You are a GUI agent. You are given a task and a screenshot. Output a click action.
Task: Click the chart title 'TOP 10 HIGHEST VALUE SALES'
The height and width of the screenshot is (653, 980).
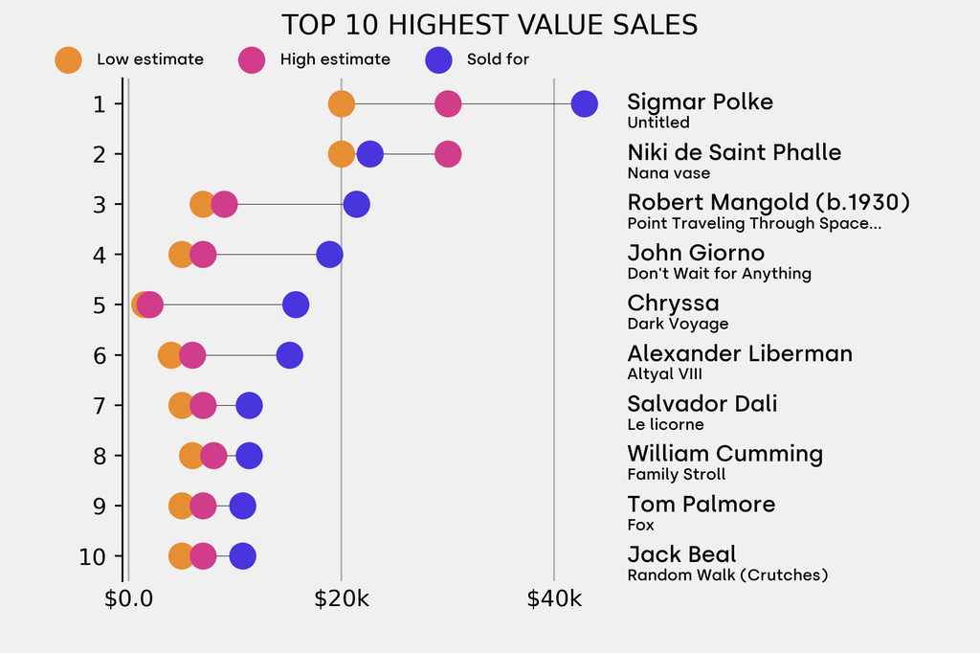pyautogui.click(x=489, y=25)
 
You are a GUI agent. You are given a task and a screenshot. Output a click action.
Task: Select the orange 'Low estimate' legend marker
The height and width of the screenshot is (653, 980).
pyautogui.click(x=69, y=59)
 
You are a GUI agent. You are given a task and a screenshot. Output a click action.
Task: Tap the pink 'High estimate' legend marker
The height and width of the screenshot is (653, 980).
pyautogui.click(x=252, y=59)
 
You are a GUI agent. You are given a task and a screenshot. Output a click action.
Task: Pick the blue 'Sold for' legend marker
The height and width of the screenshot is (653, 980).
pyautogui.click(x=438, y=59)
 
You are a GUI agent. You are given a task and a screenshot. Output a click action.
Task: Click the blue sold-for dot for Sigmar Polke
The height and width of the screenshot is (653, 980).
pyautogui.click(x=584, y=103)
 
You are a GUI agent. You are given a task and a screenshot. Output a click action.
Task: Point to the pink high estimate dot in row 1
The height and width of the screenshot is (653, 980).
pyautogui.click(x=448, y=103)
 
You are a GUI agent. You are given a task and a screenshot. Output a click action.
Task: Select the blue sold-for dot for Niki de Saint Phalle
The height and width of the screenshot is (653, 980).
pyautogui.click(x=369, y=153)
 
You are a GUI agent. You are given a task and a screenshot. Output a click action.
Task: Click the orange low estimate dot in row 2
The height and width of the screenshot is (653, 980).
pyautogui.click(x=342, y=153)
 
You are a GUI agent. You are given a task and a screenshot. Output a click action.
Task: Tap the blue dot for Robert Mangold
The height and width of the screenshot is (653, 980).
pyautogui.click(x=356, y=204)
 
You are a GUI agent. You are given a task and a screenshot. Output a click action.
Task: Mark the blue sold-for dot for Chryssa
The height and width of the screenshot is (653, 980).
pyautogui.click(x=296, y=304)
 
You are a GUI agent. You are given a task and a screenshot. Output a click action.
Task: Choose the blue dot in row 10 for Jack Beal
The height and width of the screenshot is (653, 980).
pyautogui.click(x=243, y=556)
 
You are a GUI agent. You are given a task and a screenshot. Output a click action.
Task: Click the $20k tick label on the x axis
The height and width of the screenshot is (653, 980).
pyautogui.click(x=342, y=600)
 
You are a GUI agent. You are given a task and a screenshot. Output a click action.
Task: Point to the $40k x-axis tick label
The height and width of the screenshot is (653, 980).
pyautogui.click(x=554, y=600)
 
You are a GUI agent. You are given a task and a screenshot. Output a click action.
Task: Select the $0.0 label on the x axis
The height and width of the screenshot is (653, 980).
pyautogui.click(x=128, y=600)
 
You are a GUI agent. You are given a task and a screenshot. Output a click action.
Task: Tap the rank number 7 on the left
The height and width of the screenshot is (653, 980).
pyautogui.click(x=100, y=405)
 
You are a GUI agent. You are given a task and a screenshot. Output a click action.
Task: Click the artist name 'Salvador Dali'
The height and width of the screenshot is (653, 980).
pyautogui.click(x=702, y=403)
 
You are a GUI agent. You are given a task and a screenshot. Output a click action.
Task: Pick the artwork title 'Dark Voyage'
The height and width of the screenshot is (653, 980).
pyautogui.click(x=678, y=324)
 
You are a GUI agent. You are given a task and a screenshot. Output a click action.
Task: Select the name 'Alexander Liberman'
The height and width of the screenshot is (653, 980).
pyautogui.click(x=739, y=353)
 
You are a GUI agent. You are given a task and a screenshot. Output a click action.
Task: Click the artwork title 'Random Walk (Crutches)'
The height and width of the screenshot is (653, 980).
pyautogui.click(x=727, y=575)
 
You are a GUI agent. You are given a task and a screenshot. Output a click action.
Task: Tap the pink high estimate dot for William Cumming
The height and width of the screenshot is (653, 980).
pyautogui.click(x=213, y=456)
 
